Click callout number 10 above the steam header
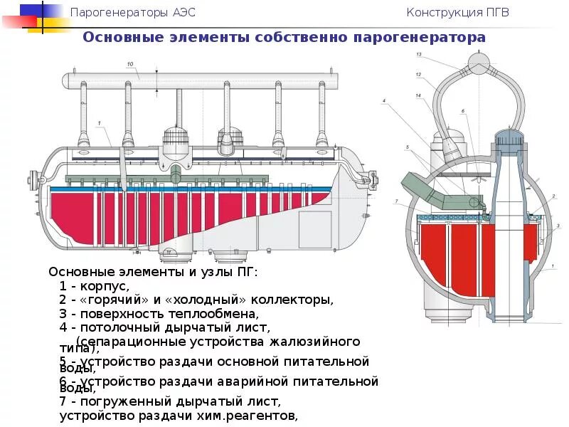130,65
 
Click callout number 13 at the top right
419,55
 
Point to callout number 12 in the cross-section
419,75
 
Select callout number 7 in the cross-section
396,201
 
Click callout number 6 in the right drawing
462,111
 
